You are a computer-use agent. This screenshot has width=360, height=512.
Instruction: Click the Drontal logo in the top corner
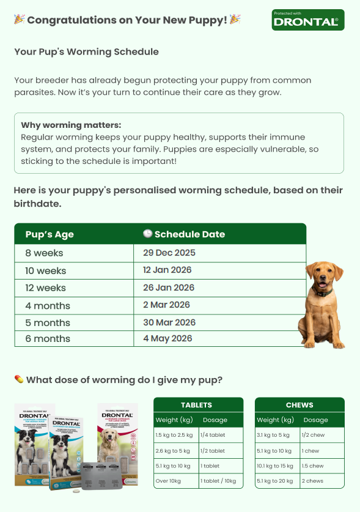308,20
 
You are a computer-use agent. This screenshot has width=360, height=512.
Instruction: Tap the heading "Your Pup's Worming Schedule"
86,52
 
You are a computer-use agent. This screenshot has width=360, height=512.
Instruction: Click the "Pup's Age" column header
50,234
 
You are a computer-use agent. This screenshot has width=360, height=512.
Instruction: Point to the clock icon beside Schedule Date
147,234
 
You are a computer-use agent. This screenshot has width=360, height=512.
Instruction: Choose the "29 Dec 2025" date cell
169,253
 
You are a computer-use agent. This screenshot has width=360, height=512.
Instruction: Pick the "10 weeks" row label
46,270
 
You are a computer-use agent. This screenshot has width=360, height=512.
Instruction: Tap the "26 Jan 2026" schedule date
169,288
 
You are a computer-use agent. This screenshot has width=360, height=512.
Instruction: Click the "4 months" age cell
48,305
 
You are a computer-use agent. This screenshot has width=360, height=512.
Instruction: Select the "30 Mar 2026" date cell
169,322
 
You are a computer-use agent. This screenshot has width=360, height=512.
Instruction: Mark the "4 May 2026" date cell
167,338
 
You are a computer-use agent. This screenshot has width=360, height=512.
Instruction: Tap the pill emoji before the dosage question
19,379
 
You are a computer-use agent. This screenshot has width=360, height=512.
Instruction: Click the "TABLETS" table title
197,405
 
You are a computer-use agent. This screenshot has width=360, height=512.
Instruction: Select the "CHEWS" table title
299,405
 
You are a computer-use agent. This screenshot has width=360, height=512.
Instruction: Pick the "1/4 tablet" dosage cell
213,435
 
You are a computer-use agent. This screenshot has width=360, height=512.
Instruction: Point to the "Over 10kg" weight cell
168,481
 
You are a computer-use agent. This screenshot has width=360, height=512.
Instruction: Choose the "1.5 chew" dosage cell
312,466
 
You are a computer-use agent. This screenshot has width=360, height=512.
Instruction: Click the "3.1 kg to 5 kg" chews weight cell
273,435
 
